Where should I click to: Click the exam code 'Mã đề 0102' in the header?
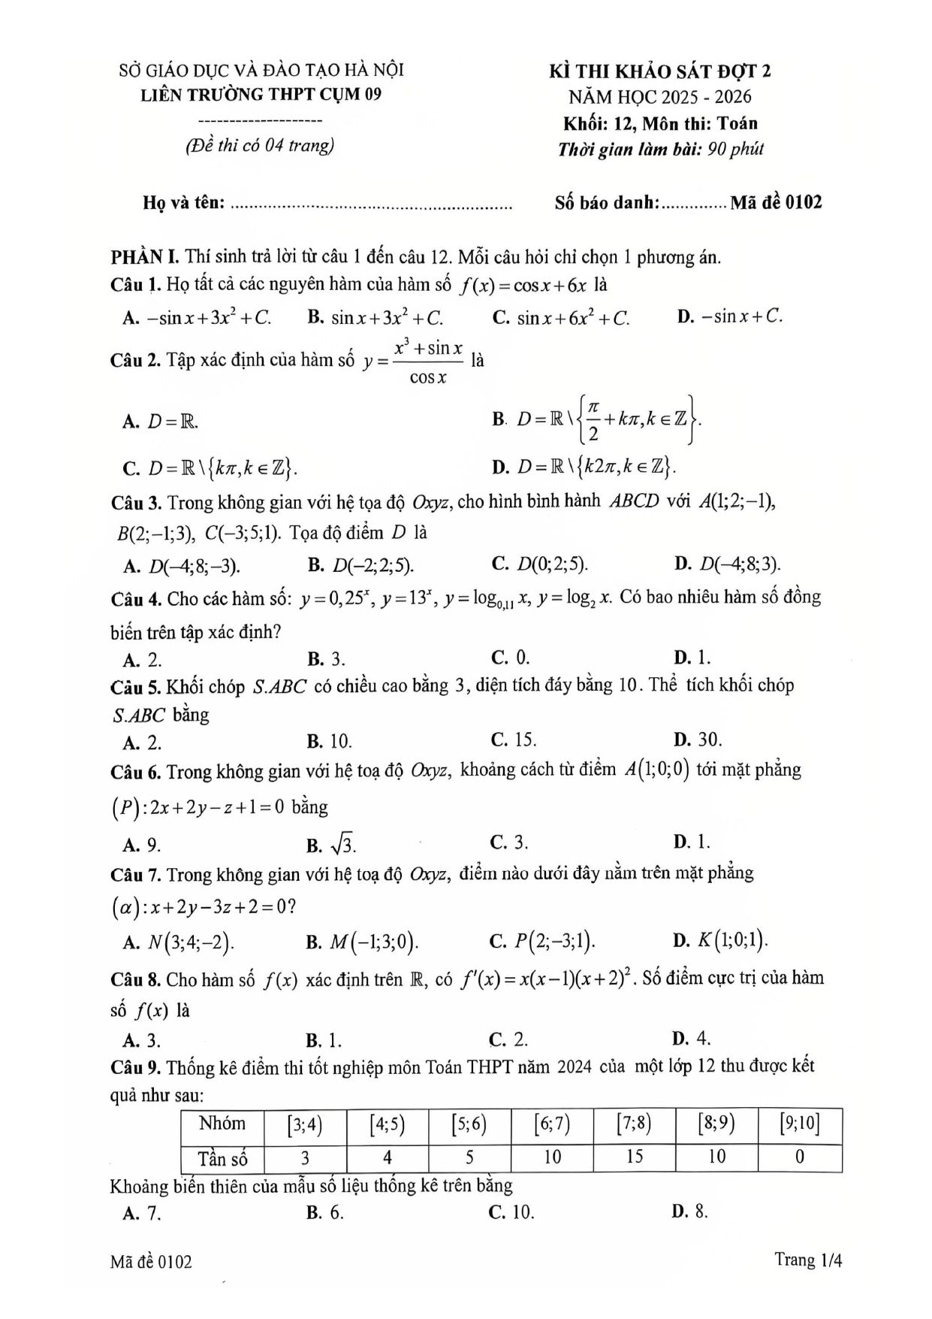point(775,201)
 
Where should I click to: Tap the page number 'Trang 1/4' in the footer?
point(808,1260)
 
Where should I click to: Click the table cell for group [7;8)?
point(634,1124)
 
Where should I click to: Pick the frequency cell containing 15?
point(634,1157)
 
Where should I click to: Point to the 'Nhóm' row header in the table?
point(222,1124)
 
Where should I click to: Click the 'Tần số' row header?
point(222,1157)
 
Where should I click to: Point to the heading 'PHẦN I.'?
point(144,257)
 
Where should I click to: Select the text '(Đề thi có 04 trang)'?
point(260,145)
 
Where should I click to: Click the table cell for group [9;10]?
point(799,1124)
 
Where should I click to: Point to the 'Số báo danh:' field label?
point(607,201)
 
